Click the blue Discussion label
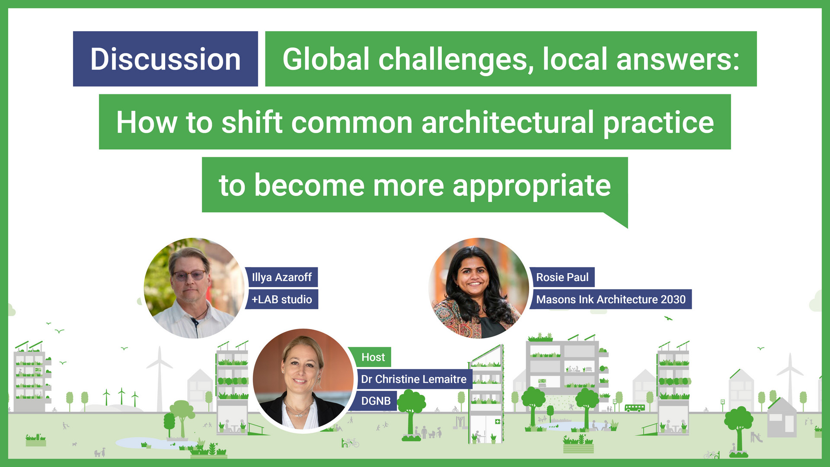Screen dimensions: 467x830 click(165, 59)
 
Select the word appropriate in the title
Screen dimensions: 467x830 click(531, 186)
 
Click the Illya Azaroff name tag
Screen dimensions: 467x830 click(281, 277)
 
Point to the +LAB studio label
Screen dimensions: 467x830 click(281, 299)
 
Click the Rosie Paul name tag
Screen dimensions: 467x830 click(562, 277)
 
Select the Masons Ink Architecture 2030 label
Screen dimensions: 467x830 click(610, 299)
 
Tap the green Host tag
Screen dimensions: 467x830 click(373, 357)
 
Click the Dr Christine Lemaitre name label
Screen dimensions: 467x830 click(413, 379)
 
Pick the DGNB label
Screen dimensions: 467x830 click(376, 401)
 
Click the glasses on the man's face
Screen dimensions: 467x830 click(189, 275)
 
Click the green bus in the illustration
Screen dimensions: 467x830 click(635, 407)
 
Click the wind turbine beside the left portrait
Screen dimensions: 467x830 click(160, 376)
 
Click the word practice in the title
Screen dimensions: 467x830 click(658, 122)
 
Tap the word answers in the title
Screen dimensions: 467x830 click(677, 59)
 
